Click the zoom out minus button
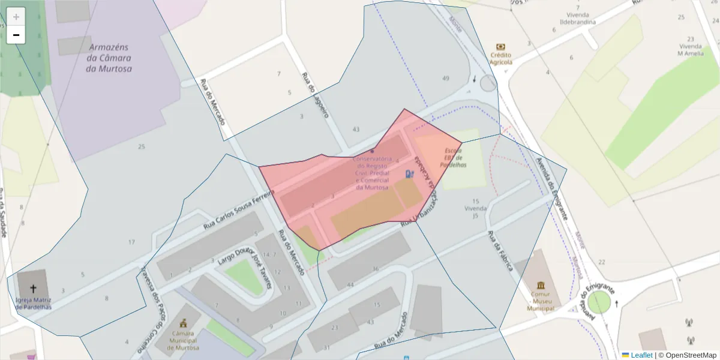[16, 35]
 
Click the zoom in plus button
[16, 17]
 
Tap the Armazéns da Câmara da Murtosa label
[109, 58]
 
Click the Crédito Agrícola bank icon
[500, 47]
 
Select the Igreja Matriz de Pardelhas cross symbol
[34, 289]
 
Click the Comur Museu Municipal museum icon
[541, 284]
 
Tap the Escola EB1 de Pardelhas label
[453, 157]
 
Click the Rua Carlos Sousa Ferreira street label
[238, 209]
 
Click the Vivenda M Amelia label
[690, 49]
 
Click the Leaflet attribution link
[641, 355]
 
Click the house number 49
[445, 79]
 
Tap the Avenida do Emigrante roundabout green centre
[598, 302]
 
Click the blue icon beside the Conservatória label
[410, 174]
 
